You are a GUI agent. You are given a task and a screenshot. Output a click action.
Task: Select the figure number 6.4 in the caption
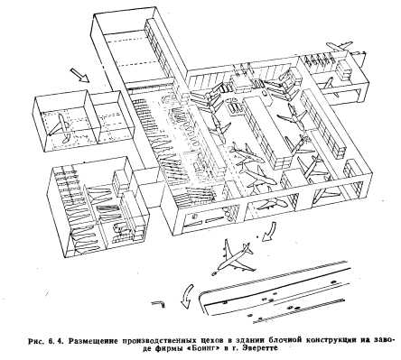[56, 340]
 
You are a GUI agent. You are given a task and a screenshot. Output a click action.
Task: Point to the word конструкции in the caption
[331, 340]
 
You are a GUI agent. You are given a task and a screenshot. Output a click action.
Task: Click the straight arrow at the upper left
[79, 75]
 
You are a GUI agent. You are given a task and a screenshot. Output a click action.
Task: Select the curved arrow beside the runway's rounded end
[187, 296]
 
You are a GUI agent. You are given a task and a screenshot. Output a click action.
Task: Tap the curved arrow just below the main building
[269, 231]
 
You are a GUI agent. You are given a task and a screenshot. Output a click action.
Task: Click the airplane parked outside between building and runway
[233, 257]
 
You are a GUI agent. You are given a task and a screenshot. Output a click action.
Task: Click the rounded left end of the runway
[202, 300]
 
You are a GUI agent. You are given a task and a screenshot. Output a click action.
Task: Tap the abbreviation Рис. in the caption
[36, 341]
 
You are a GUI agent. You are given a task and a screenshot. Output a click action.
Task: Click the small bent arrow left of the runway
[159, 304]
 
